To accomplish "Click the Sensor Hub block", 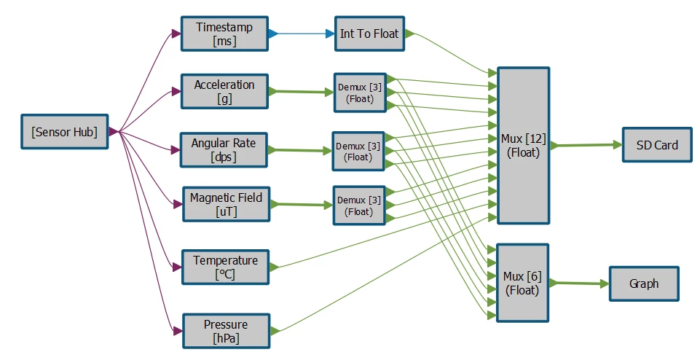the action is (x=65, y=132).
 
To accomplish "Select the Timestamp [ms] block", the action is (x=224, y=34).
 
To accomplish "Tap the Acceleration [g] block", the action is (x=224, y=92).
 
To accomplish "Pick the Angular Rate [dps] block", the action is (x=224, y=150).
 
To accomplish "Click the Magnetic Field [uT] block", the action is (x=227, y=204).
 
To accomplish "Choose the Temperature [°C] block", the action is (x=226, y=267).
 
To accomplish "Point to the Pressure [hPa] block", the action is (x=227, y=331).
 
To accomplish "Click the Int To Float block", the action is (x=369, y=34).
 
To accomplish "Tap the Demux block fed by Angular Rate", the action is (x=358, y=152).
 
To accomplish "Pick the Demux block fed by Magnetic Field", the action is (x=359, y=206).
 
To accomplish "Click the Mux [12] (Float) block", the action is (x=524, y=146).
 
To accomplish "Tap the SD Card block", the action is (x=657, y=145).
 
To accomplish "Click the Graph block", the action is (x=644, y=283).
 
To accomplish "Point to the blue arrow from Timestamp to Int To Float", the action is (x=302, y=34).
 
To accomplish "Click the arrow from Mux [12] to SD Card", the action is (x=586, y=145).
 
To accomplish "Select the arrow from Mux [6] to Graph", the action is (x=579, y=283).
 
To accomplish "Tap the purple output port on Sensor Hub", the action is (x=114, y=132).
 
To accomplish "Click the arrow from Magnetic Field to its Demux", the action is (x=302, y=205).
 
